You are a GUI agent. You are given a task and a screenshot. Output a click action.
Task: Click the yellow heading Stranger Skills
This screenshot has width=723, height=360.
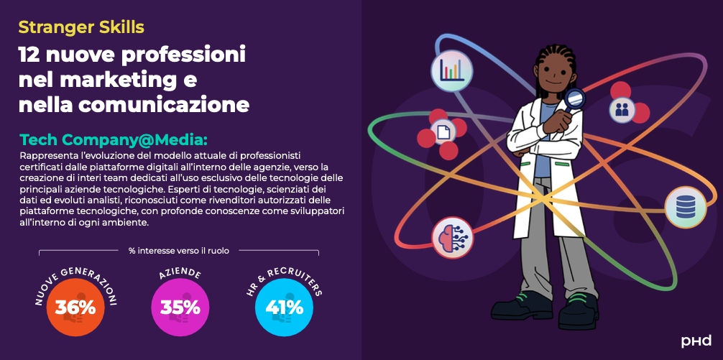(81, 27)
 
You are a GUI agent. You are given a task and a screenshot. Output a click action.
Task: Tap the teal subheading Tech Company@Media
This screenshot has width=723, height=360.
(114, 139)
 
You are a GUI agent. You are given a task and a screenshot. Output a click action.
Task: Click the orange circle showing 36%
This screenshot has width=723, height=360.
(75, 308)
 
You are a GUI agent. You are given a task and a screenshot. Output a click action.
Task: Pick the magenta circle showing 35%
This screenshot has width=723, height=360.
(180, 308)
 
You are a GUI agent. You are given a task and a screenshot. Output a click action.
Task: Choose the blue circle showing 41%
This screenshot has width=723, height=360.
(284, 308)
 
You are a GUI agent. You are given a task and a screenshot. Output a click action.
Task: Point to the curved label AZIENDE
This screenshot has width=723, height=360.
(180, 274)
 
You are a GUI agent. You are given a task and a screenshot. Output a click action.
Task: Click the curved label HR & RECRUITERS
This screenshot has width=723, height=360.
(284, 281)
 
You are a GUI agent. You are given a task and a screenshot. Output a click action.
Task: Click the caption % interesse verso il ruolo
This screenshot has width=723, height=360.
(179, 251)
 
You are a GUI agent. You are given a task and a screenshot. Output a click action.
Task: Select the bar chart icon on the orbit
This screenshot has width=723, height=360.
(451, 71)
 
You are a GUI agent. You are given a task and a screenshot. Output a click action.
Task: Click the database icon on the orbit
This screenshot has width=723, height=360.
(685, 207)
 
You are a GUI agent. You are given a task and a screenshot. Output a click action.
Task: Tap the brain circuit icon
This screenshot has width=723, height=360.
(452, 237)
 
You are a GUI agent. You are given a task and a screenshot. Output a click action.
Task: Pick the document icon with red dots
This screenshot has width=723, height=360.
(443, 132)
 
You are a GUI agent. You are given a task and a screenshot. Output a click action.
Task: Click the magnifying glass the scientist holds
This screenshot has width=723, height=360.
(574, 100)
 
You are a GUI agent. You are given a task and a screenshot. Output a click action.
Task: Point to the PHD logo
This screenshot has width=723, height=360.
(696, 341)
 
